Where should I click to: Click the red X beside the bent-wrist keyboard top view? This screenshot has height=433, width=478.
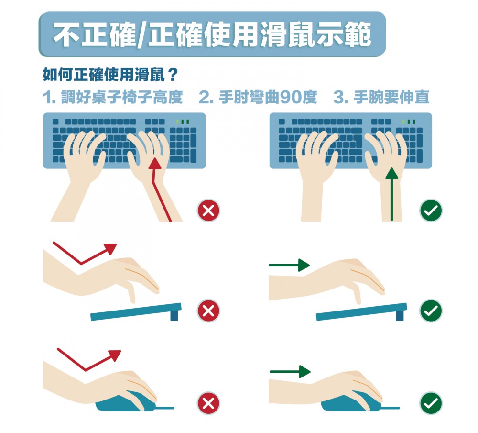pyautogui.click(x=208, y=211)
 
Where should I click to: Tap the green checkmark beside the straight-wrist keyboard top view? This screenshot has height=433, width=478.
pyautogui.click(x=431, y=211)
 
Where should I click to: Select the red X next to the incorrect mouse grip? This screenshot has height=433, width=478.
pyautogui.click(x=208, y=403)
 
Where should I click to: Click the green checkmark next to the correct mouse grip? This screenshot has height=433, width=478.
pyautogui.click(x=431, y=403)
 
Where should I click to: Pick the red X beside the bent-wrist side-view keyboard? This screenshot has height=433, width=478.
pyautogui.click(x=208, y=311)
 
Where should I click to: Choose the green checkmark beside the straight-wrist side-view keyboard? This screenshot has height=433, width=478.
pyautogui.click(x=431, y=311)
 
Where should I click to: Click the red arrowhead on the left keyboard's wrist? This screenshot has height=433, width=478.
pyautogui.click(x=154, y=165)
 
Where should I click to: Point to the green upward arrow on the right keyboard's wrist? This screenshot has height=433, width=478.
pyautogui.click(x=391, y=191)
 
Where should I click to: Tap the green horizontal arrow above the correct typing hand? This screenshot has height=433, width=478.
pyautogui.click(x=290, y=265)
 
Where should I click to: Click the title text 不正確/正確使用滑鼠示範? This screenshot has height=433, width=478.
pyautogui.click(x=212, y=35)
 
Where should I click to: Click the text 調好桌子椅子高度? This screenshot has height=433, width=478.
pyautogui.click(x=122, y=98)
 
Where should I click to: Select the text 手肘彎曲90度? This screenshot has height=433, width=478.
pyautogui.click(x=267, y=98)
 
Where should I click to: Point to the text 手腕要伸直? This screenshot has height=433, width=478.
pyautogui.click(x=391, y=98)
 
